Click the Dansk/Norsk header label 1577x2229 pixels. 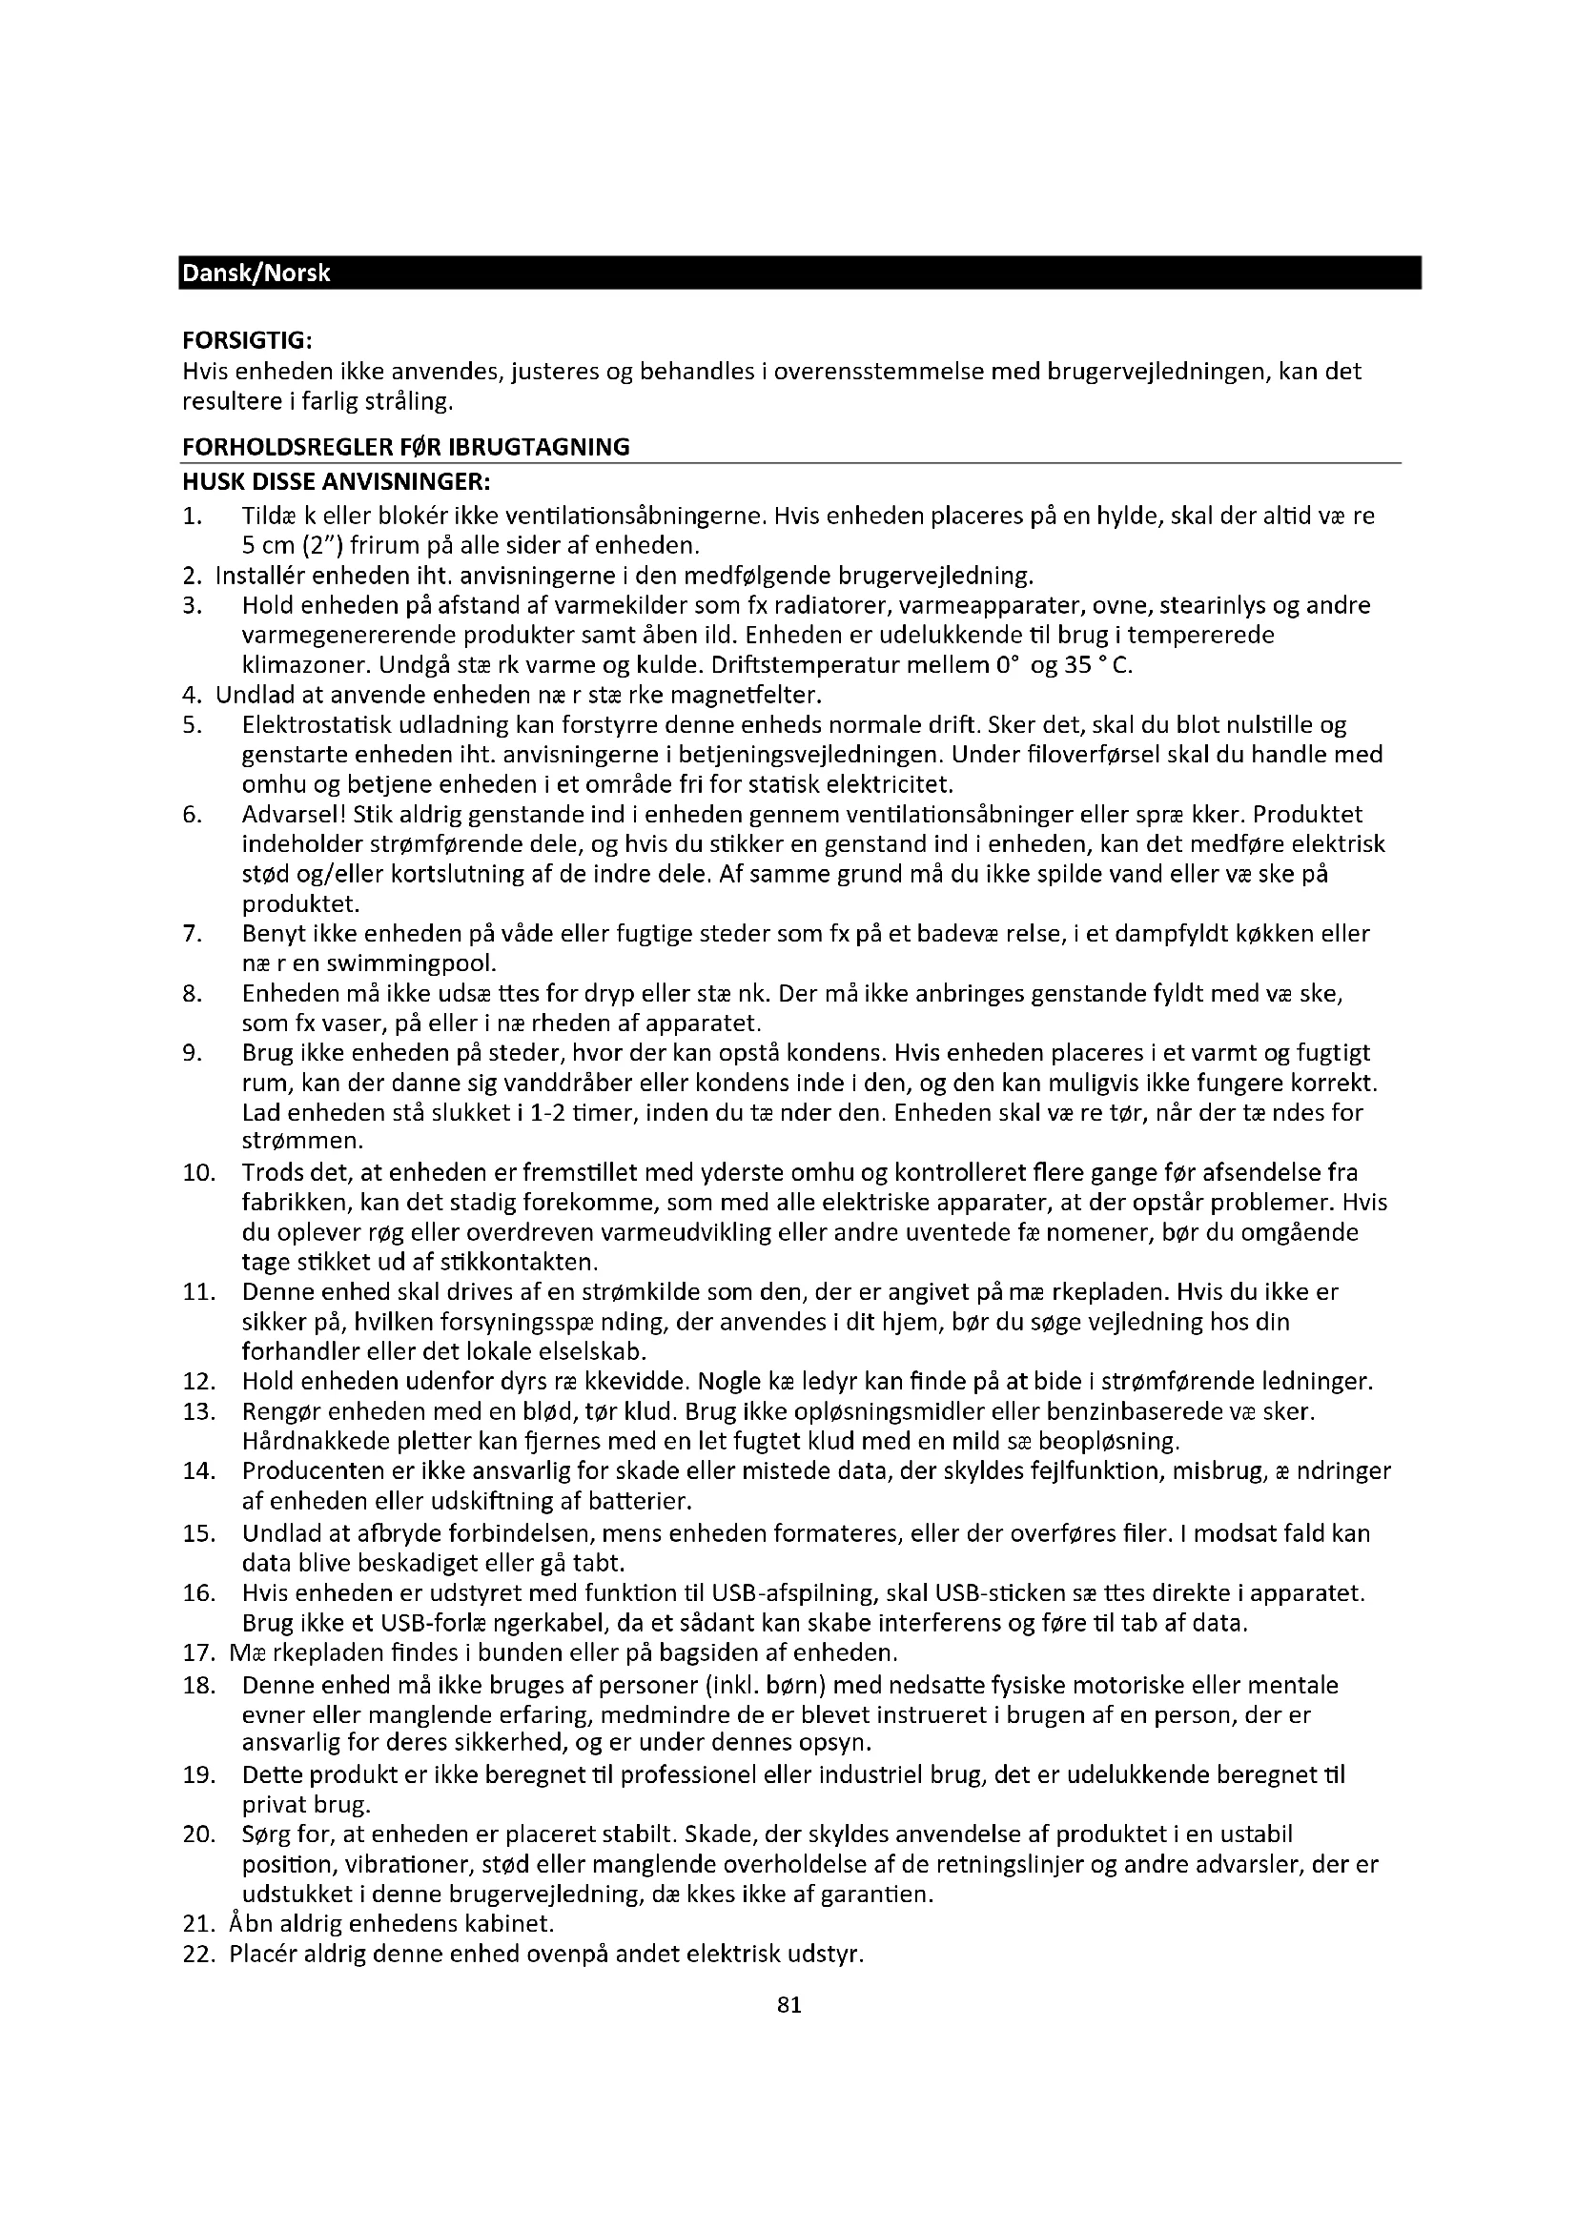(x=256, y=274)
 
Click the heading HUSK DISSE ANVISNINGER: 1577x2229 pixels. (x=336, y=482)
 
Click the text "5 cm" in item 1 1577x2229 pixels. (x=269, y=546)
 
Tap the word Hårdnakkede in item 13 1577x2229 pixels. (x=317, y=1442)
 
